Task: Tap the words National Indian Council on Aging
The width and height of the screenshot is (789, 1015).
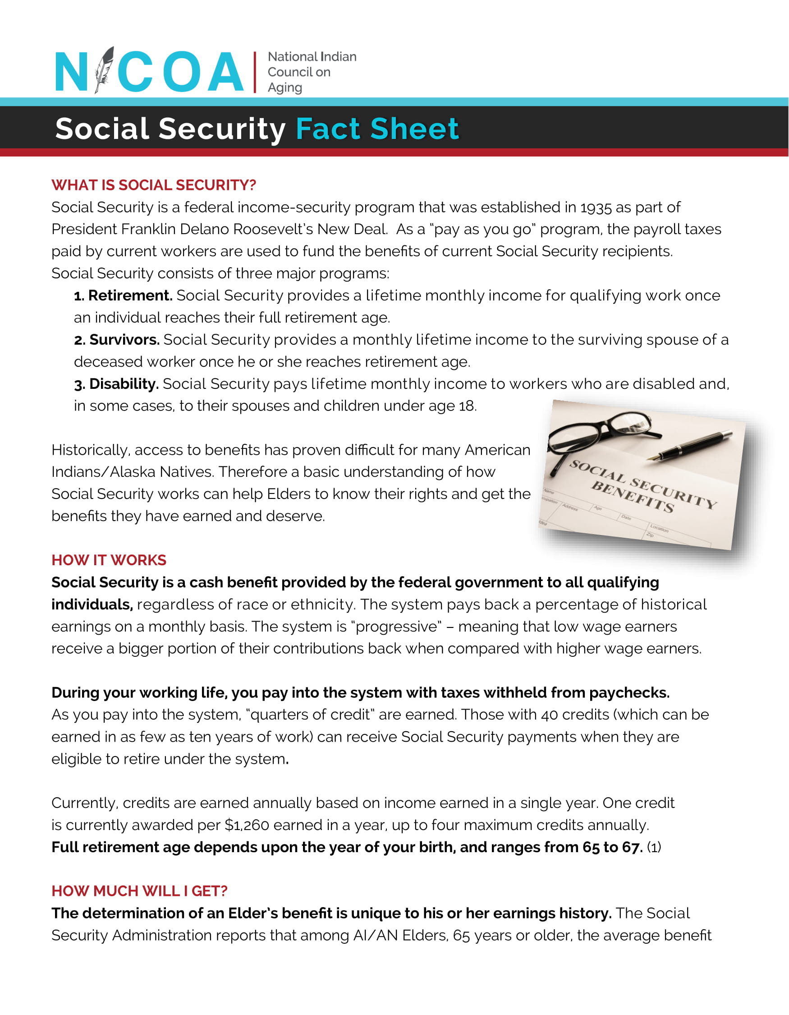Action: [311, 72]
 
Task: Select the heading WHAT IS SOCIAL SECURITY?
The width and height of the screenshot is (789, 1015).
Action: [154, 185]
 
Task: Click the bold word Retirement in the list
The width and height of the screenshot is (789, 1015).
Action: [130, 295]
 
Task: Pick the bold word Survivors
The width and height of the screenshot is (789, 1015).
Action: [124, 340]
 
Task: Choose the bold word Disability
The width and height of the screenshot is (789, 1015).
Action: [124, 384]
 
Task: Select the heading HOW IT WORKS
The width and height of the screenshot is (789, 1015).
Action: [109, 560]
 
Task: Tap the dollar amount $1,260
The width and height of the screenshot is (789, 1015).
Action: [247, 825]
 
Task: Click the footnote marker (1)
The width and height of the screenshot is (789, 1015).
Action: [654, 847]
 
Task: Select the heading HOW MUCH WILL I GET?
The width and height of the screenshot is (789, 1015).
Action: [139, 891]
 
